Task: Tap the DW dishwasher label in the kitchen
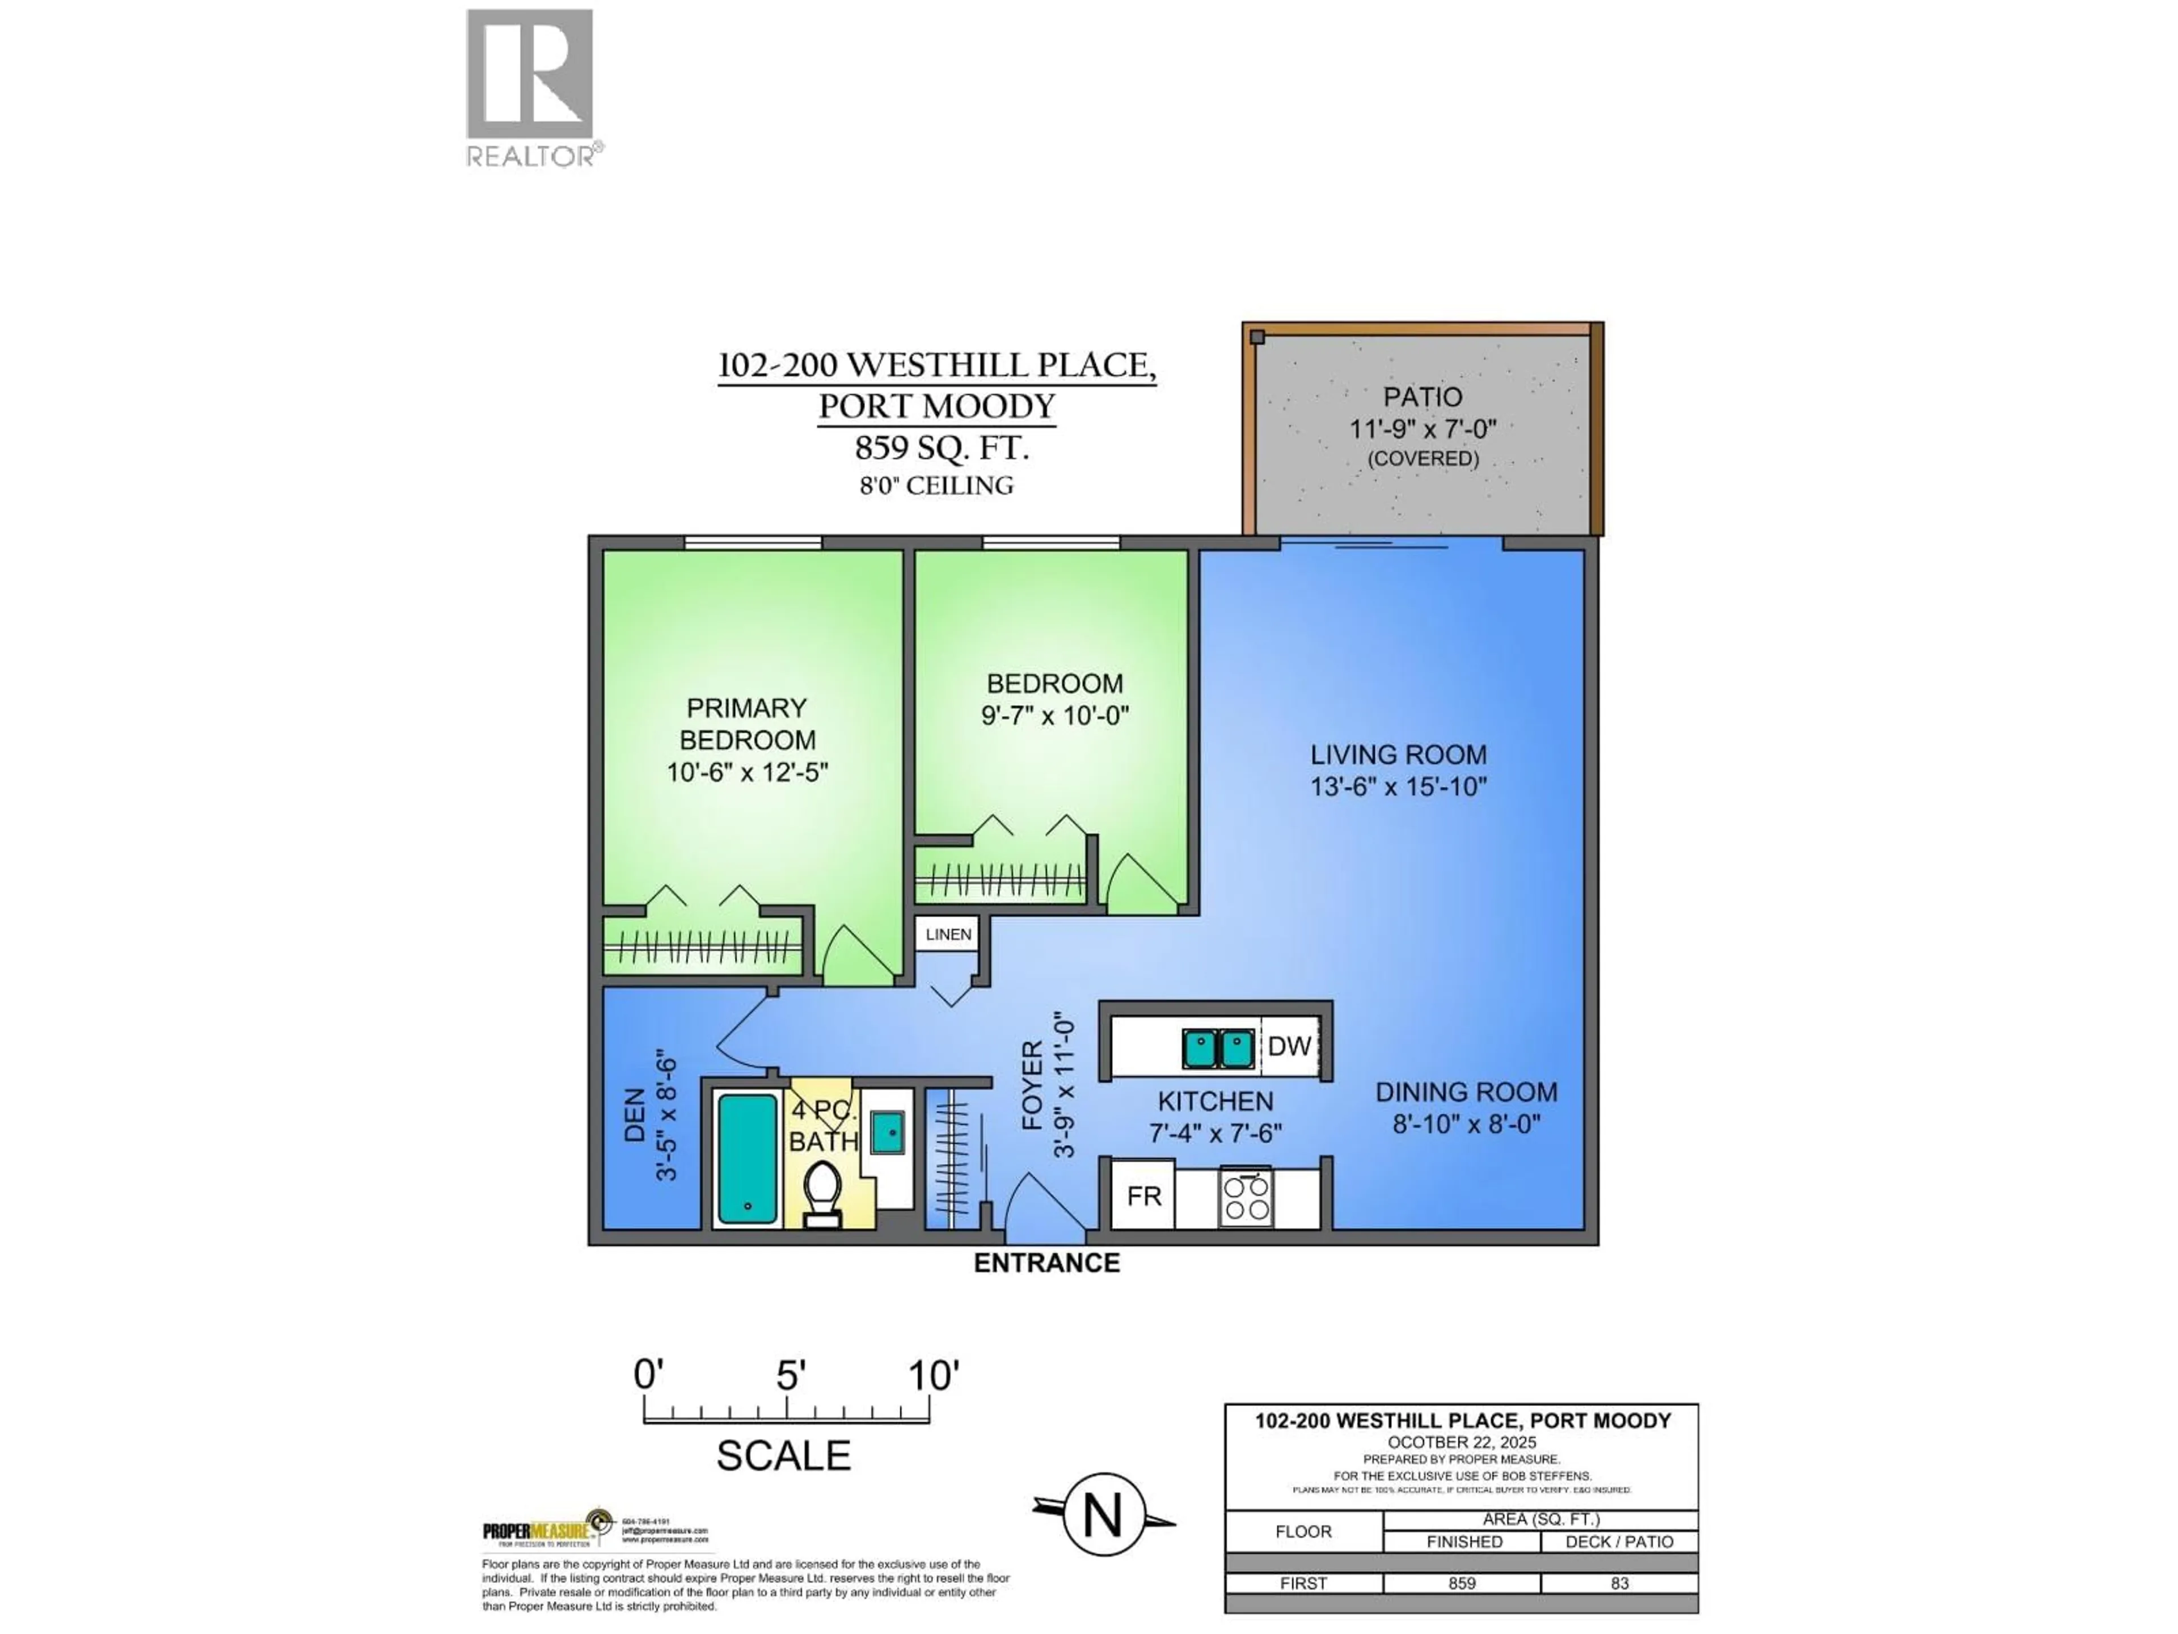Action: click(1288, 1047)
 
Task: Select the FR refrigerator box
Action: click(1143, 1195)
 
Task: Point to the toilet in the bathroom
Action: click(822, 1193)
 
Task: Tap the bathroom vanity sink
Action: click(888, 1132)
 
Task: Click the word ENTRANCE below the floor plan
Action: click(1046, 1264)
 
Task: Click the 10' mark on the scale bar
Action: click(931, 1375)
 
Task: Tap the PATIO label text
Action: click(1423, 397)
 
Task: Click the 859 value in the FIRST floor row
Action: click(1462, 1583)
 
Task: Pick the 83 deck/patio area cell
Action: click(1620, 1583)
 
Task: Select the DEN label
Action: click(635, 1115)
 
